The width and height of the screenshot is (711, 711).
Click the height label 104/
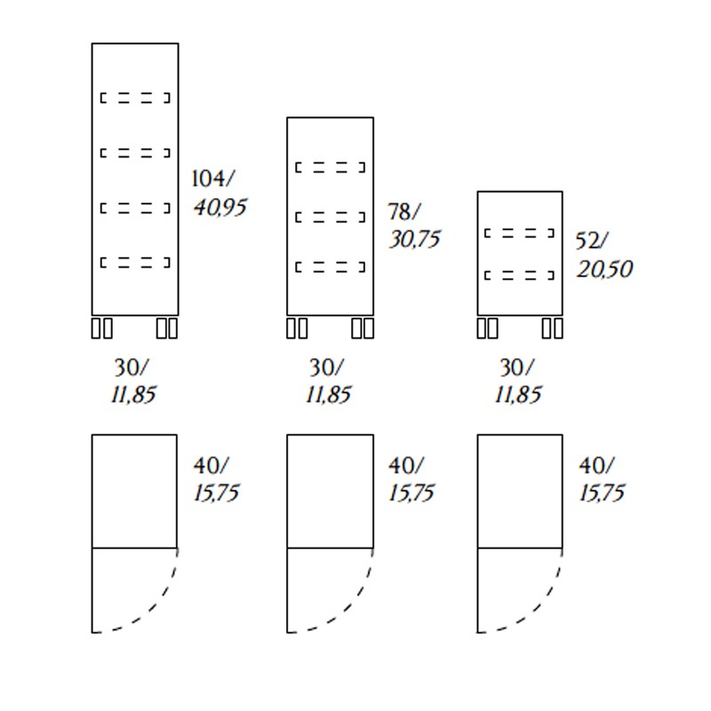pos(213,179)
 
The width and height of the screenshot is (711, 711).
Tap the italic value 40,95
pos(220,208)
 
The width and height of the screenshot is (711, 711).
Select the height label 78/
pos(404,212)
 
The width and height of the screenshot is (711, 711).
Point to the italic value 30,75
pos(414,239)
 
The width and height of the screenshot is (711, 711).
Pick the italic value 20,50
pos(604,269)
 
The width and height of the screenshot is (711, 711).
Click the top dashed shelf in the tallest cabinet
pos(135,98)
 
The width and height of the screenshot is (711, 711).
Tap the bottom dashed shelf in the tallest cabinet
pos(135,262)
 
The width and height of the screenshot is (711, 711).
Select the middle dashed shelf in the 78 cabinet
pos(330,218)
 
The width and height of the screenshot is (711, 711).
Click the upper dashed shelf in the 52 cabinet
pos(520,234)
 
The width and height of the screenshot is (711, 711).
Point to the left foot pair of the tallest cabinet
pos(102,328)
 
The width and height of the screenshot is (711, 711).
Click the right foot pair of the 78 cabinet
pos(363,328)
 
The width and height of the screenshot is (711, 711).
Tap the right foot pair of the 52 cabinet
pos(552,328)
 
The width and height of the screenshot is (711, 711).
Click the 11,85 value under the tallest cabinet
pos(133,395)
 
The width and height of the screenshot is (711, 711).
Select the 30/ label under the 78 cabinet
pos(326,367)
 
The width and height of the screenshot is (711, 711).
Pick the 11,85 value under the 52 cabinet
pos(518,395)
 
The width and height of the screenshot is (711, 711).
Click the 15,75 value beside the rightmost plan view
pos(602,493)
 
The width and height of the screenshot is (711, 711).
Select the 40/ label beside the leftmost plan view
pos(212,465)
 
